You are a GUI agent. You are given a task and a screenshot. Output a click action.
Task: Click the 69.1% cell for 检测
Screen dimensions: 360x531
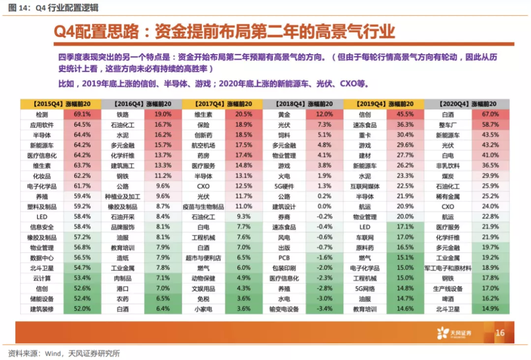[x=82, y=114]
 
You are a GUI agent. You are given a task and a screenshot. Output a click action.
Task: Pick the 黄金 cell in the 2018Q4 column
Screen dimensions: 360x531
[x=284, y=114]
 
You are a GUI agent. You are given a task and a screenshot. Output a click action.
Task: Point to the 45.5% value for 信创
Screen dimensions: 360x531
[x=405, y=114]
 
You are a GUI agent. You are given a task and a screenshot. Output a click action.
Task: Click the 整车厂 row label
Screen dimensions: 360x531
[x=447, y=125]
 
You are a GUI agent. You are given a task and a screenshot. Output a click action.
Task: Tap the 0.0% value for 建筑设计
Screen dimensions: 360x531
[x=324, y=207]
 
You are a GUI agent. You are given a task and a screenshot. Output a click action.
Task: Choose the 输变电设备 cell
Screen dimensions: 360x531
[x=284, y=309]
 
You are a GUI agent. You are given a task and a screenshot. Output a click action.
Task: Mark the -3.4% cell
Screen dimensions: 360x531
[x=324, y=309]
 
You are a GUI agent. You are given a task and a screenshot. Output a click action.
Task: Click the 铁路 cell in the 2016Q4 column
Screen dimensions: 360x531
[x=122, y=114]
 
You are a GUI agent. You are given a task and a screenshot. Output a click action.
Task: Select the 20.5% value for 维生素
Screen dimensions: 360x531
[x=243, y=114]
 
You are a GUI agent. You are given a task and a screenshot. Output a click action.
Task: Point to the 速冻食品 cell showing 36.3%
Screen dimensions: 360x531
[x=364, y=125]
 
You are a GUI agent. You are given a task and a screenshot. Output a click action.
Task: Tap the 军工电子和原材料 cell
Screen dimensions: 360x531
[x=447, y=268]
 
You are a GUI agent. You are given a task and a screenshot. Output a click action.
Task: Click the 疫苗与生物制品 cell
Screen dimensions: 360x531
[x=203, y=207]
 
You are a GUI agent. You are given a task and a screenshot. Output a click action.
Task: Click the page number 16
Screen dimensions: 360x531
[x=500, y=333]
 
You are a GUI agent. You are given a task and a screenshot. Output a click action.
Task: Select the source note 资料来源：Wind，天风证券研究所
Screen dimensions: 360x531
[x=64, y=353]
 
